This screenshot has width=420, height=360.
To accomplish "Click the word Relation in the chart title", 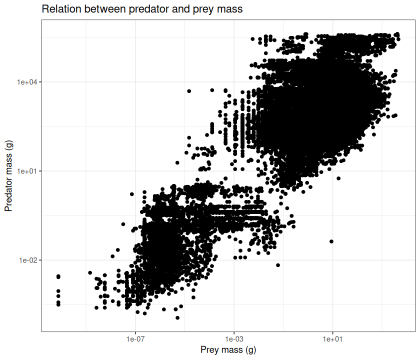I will [58, 9].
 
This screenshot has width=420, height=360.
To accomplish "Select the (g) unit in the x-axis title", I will [248, 349].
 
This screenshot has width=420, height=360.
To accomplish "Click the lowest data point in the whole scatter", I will [177, 317].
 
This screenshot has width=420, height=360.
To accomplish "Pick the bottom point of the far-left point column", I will [58, 304].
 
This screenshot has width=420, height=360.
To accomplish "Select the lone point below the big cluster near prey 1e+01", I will [331, 241].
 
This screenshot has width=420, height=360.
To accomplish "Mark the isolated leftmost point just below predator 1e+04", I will [189, 91].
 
